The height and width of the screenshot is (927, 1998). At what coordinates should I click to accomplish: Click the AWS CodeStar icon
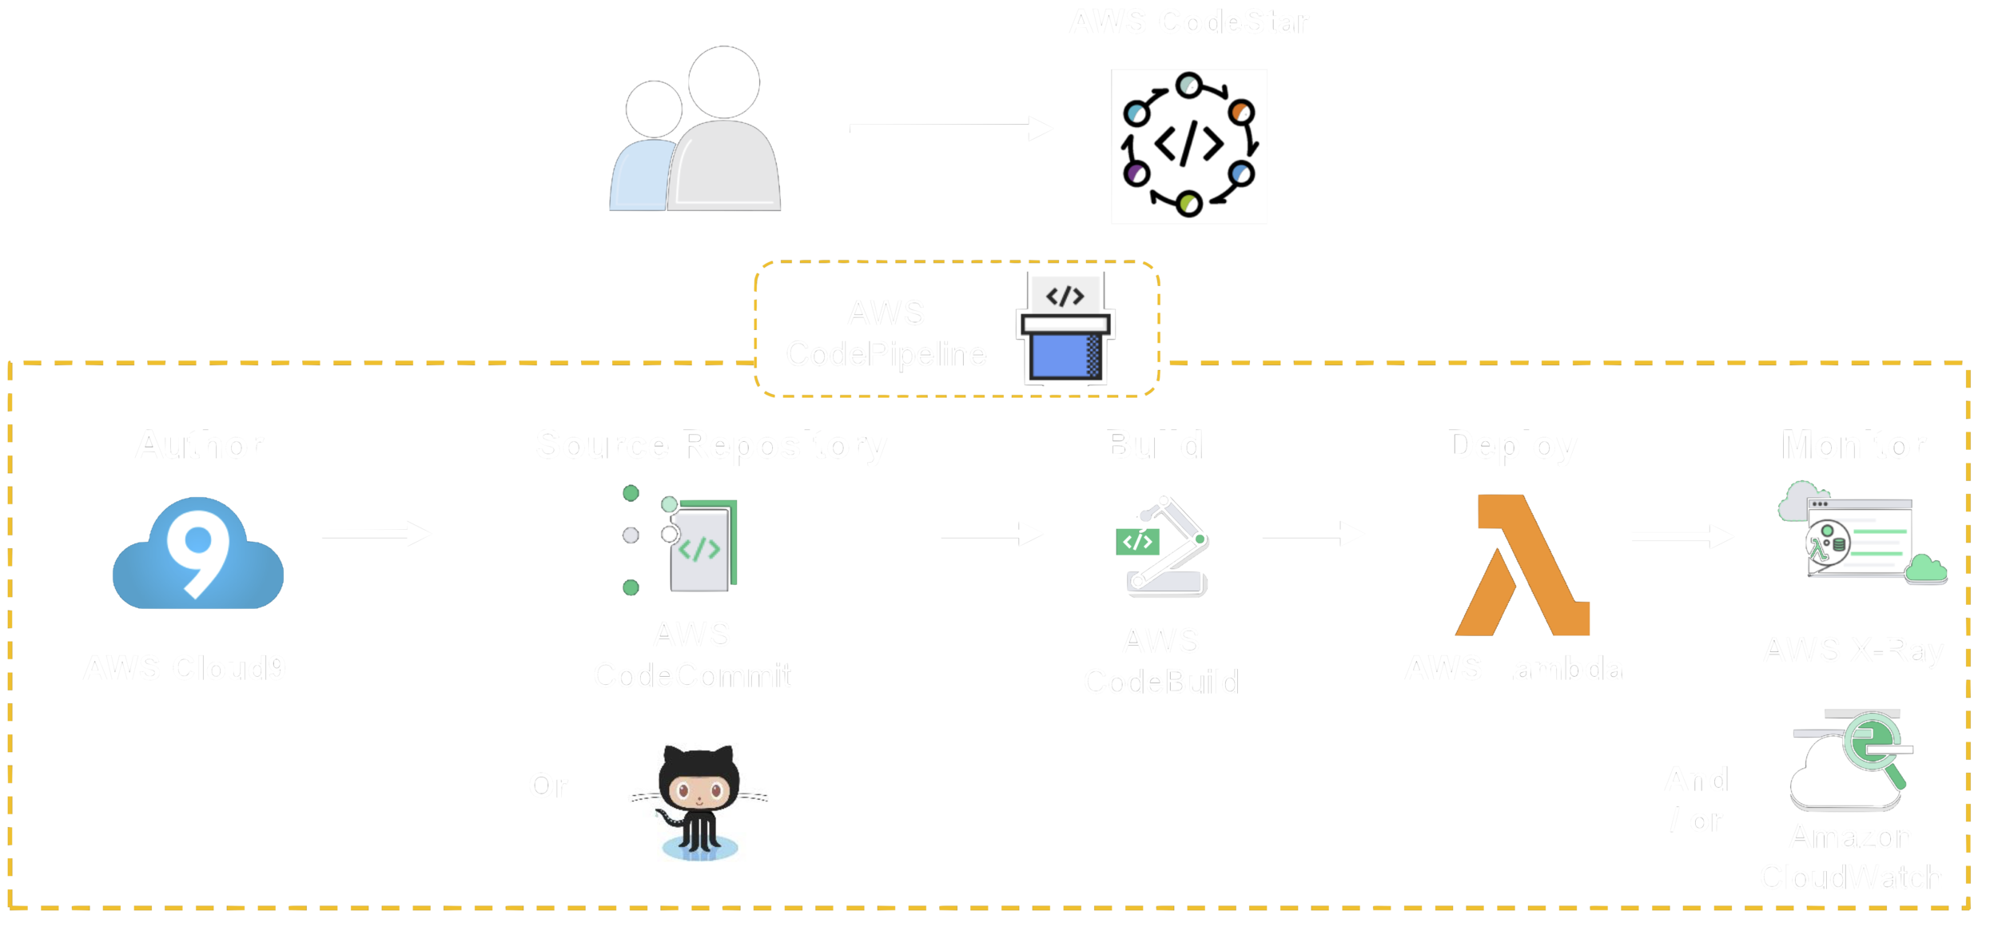coord(1188,146)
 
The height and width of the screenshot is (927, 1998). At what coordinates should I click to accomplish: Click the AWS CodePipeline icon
coord(1065,329)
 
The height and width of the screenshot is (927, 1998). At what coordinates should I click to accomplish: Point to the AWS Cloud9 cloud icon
coord(198,553)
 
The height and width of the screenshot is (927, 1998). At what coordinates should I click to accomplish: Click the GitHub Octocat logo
coord(699,803)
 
